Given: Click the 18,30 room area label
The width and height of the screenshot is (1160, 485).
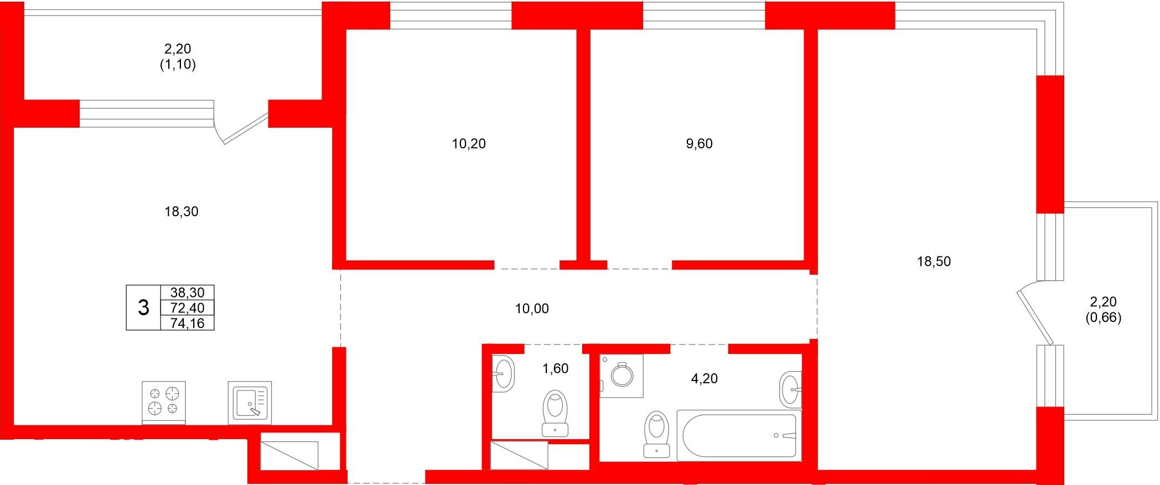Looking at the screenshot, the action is click(x=182, y=211).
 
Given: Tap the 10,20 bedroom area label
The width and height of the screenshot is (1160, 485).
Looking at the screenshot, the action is click(x=469, y=144).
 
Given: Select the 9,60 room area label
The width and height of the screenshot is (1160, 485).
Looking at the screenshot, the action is click(x=699, y=144).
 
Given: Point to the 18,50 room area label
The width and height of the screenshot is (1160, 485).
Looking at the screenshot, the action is click(x=934, y=261).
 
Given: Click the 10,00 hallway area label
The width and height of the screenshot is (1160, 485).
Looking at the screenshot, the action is click(x=532, y=309).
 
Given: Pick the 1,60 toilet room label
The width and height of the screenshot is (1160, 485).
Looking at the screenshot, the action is click(x=555, y=368).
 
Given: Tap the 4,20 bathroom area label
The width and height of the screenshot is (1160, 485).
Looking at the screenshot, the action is click(x=705, y=379).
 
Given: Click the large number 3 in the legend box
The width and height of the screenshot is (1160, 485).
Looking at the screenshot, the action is click(x=143, y=307).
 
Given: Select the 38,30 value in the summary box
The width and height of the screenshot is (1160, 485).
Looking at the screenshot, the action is click(x=187, y=293).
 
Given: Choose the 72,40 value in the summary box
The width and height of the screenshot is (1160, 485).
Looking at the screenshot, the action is click(x=187, y=308).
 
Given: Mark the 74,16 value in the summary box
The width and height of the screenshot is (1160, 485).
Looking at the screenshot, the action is click(x=187, y=323).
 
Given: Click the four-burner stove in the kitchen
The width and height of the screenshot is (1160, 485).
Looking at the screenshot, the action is click(x=164, y=402).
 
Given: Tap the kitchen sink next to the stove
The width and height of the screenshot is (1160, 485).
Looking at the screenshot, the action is click(x=250, y=402).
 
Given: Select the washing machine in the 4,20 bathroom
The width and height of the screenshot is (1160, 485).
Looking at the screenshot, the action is click(x=622, y=376).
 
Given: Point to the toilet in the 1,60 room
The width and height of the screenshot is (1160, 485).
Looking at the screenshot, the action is click(x=556, y=413).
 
